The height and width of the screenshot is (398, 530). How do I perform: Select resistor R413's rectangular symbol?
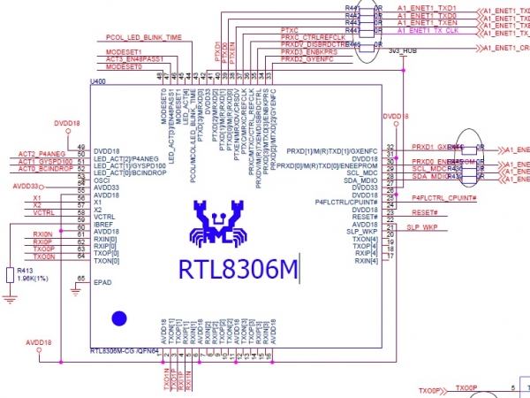(9, 276)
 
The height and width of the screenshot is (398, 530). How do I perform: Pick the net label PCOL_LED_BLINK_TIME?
(143, 39)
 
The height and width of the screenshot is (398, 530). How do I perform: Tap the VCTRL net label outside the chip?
(45, 212)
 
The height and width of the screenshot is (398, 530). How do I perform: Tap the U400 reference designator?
(98, 81)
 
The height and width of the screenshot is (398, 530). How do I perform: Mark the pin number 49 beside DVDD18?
(81, 148)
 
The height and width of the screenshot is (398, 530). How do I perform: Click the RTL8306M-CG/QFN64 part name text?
(124, 351)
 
